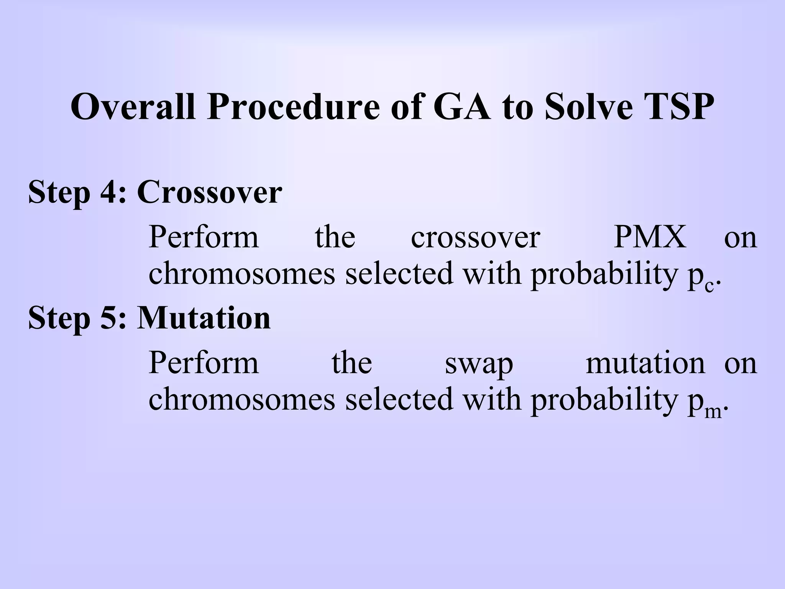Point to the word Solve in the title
[x=588, y=107]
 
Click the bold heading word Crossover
[x=209, y=192]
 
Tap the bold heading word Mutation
[x=204, y=318]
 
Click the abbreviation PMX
[x=650, y=237]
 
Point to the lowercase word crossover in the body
[x=475, y=237]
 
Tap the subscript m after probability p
[x=713, y=413]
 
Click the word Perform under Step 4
[x=204, y=237]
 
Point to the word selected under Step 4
[x=399, y=273]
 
